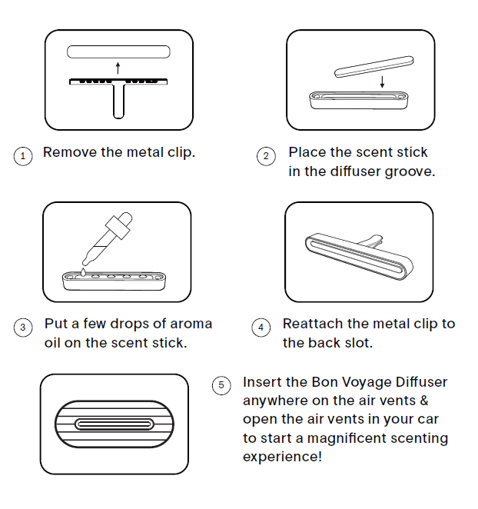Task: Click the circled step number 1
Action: (23, 156)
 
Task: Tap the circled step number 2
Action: (266, 156)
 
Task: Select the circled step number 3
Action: (23, 328)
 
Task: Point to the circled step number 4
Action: (261, 328)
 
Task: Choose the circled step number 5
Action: (221, 385)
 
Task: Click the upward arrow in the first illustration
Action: (118, 68)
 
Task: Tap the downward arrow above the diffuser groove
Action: (382, 82)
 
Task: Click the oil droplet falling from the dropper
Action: (84, 272)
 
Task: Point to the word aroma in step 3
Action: (191, 324)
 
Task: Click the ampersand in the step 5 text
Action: (423, 401)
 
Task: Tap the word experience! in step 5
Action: (282, 457)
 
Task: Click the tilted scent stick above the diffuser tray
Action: (374, 67)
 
